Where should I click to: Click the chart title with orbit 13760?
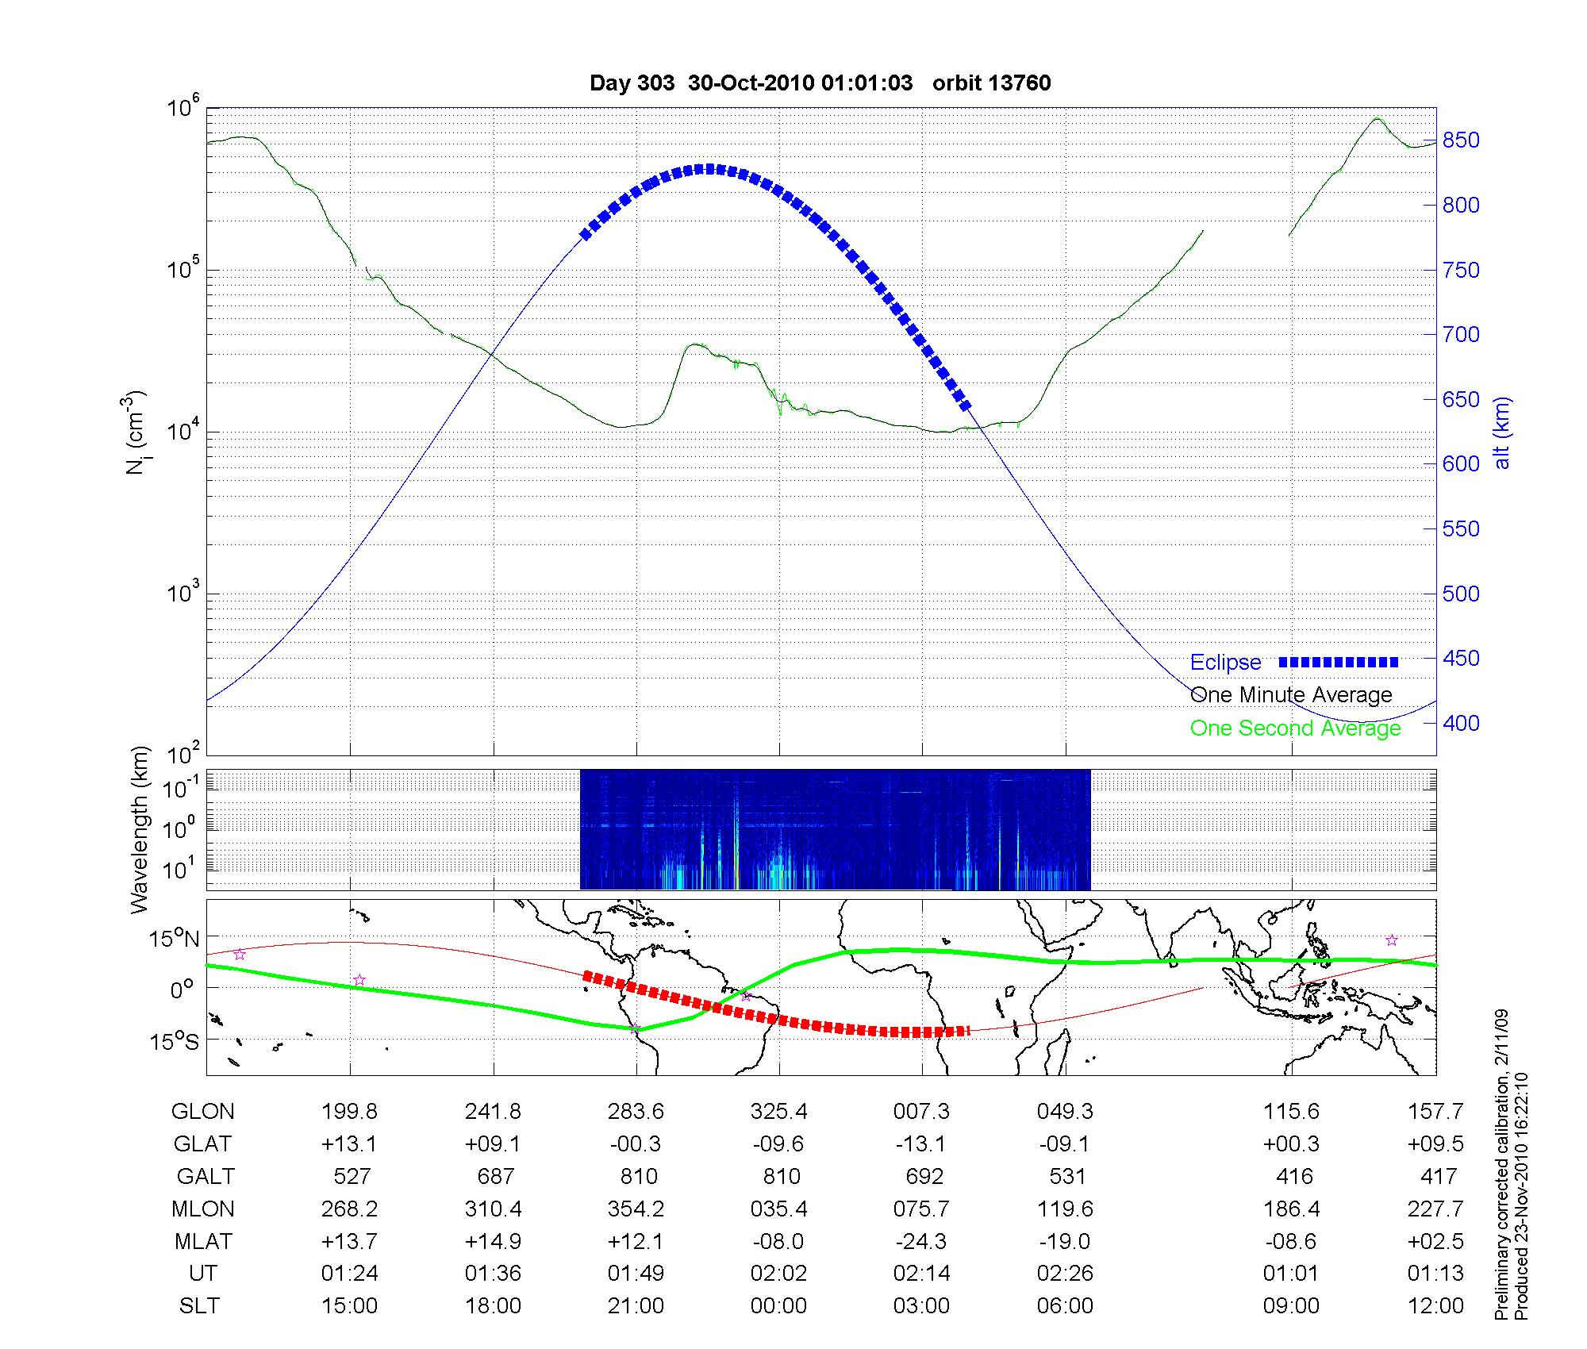tap(820, 83)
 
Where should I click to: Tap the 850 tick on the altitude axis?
tap(1461, 140)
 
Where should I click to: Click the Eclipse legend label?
tap(1225, 662)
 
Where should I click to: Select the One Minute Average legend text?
tap(1291, 695)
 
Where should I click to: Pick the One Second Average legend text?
tap(1295, 728)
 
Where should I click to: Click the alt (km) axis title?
tap(1502, 432)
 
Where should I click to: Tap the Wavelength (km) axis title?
tap(140, 829)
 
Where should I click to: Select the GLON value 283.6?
tap(636, 1112)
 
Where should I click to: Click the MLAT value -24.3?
tap(922, 1241)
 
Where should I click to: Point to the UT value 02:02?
tap(778, 1274)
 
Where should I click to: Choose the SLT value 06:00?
tap(1065, 1306)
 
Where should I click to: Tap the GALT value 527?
tap(350, 1176)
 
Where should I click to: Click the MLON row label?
tap(203, 1209)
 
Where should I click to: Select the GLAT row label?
tap(203, 1143)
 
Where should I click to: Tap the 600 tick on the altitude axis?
tap(1461, 464)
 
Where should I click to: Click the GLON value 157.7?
tap(1435, 1112)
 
